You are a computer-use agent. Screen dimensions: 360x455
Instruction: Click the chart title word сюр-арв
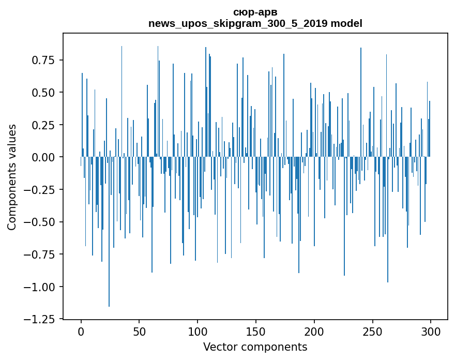pyautogui.click(x=255, y=12)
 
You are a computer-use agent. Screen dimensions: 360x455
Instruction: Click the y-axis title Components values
pyautogui.click(x=12, y=177)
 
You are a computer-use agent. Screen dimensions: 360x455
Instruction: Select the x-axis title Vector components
pyautogui.click(x=255, y=347)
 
